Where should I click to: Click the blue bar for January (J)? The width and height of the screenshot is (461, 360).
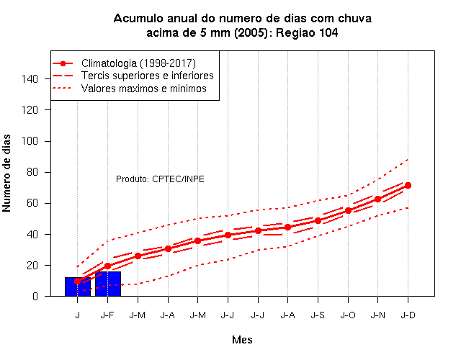[78, 287]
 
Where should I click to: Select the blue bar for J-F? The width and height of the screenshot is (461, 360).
[108, 284]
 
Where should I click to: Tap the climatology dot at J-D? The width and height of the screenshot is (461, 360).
[408, 186]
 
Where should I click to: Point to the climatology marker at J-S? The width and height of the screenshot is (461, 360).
[318, 221]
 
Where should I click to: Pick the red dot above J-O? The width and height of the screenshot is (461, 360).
[348, 211]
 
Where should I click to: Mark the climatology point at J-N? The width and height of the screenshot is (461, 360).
[377, 199]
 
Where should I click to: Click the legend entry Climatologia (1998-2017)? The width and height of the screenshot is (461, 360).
[138, 63]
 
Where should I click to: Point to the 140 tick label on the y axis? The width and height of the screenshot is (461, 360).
[30, 78]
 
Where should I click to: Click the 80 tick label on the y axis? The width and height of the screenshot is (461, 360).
[32, 172]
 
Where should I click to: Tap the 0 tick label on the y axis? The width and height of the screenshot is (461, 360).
[35, 296]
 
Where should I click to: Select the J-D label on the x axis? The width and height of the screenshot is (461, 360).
[408, 315]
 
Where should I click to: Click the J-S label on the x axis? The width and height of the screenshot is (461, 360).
[318, 315]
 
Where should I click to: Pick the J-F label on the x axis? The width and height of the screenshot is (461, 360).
[107, 315]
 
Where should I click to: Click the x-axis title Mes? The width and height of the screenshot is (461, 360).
[242, 340]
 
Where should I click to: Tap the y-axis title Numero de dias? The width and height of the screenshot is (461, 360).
[6, 174]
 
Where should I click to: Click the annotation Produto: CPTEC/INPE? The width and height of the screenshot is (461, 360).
[160, 179]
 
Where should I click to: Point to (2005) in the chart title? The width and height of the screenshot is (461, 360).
[251, 32]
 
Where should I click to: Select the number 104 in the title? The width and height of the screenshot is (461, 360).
[328, 32]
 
